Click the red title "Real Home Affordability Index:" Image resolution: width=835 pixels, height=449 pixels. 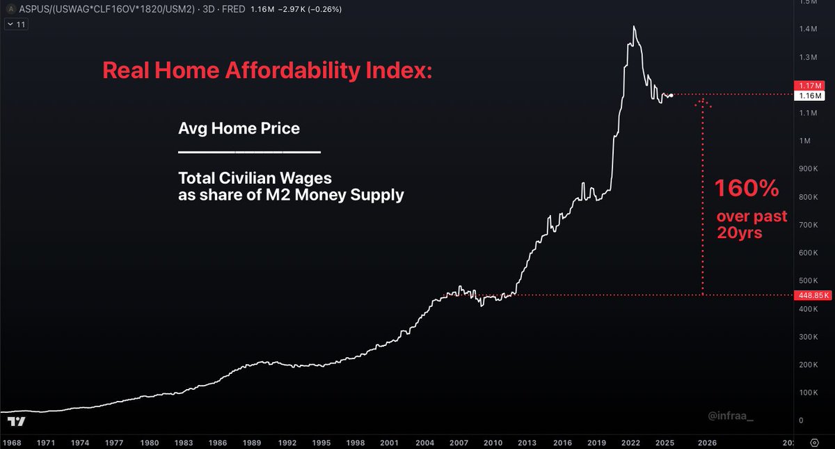click(x=267, y=70)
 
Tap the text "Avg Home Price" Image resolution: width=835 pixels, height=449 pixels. click(x=239, y=129)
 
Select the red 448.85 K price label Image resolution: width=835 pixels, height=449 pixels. click(x=812, y=295)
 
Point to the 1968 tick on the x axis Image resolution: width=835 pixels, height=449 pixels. click(x=10, y=442)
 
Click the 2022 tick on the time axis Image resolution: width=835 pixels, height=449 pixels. click(x=631, y=442)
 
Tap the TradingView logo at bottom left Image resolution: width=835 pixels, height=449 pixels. click(x=16, y=421)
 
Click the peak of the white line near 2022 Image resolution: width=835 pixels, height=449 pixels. click(x=634, y=26)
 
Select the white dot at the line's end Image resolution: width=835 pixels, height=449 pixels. click(x=671, y=95)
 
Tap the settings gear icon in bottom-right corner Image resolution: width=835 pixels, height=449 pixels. click(x=815, y=442)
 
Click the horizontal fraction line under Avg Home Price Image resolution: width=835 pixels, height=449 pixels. click(x=249, y=152)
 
